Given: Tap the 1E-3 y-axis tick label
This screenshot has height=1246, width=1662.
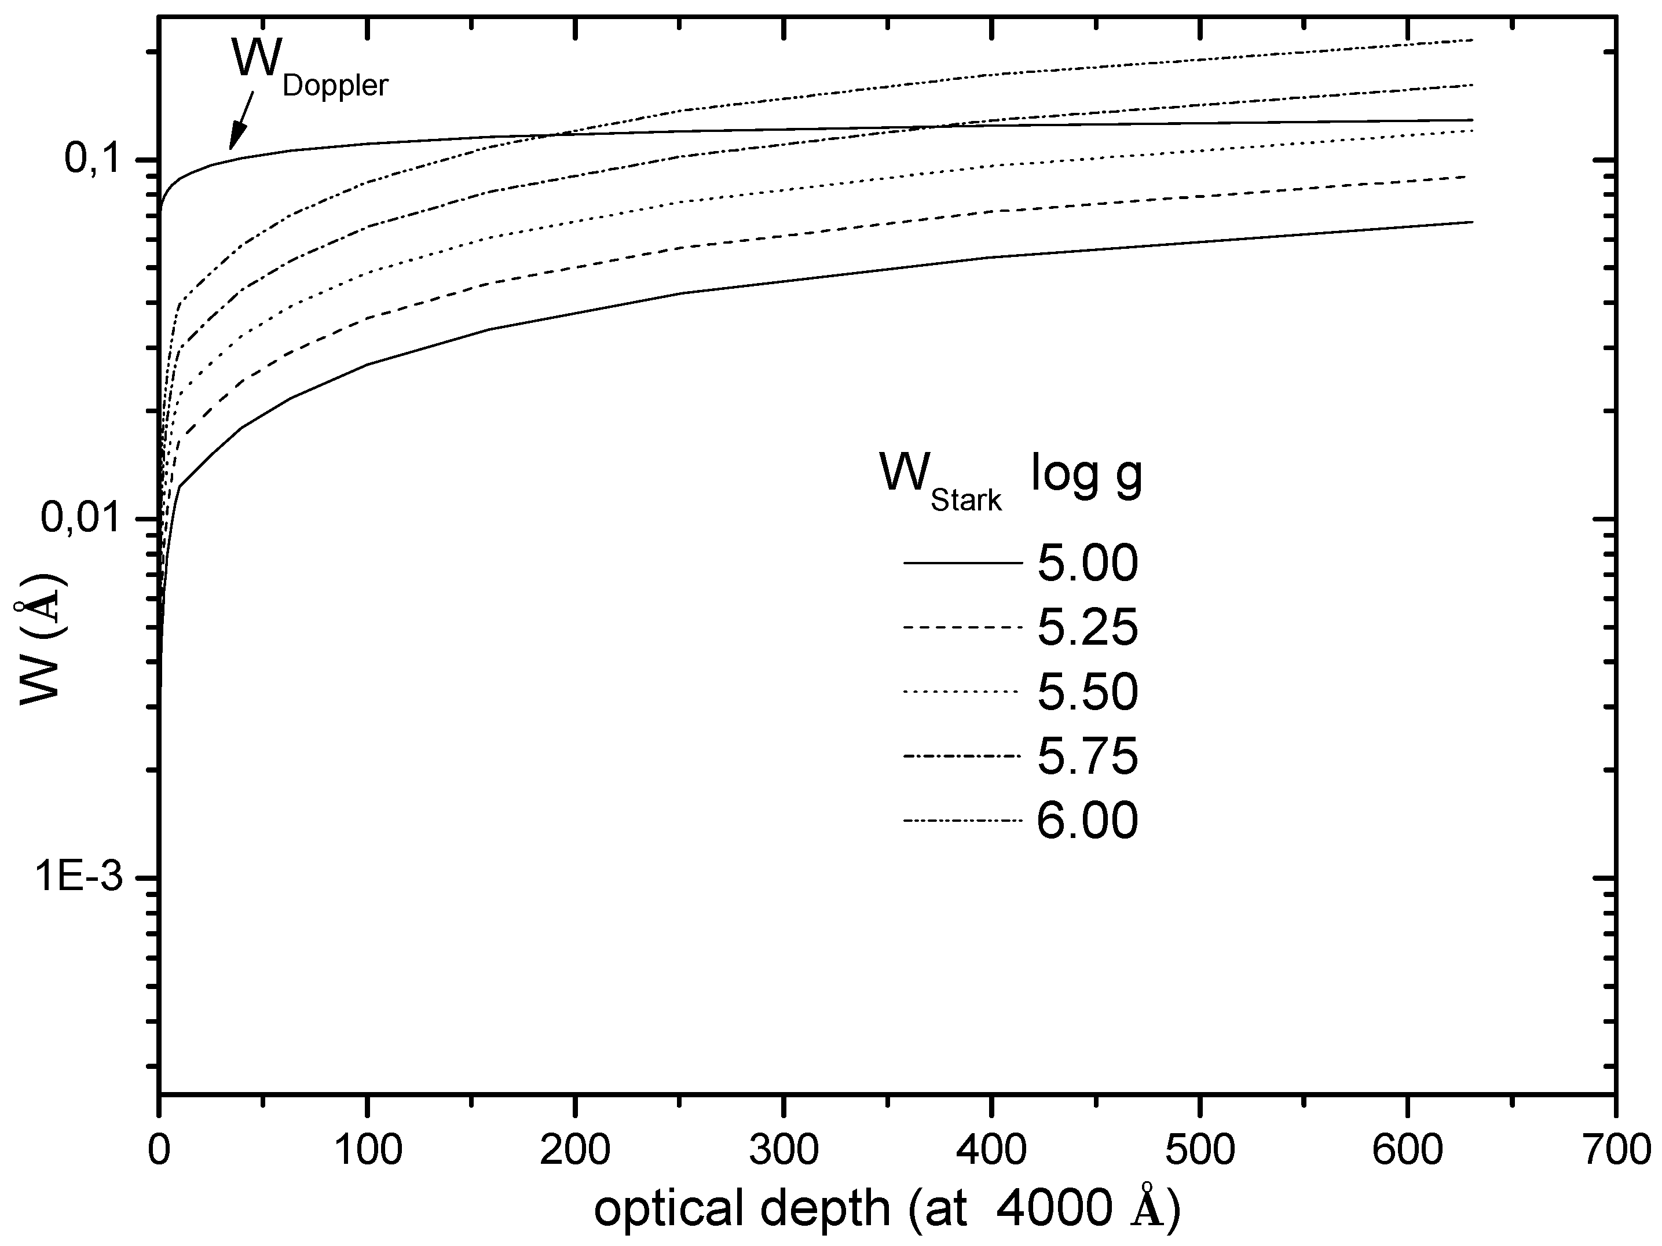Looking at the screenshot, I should pyautogui.click(x=80, y=878).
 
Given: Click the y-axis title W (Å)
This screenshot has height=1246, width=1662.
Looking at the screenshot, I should pyautogui.click(x=41, y=640).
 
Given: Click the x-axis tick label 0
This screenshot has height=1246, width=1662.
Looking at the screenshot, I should pyautogui.click(x=159, y=1150).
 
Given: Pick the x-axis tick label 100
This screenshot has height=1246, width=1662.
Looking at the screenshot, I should pyautogui.click(x=367, y=1150).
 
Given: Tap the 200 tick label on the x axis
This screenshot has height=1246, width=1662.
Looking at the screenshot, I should pyautogui.click(x=576, y=1150).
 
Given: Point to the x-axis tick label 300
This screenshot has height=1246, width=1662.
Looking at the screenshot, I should pyautogui.click(x=784, y=1150).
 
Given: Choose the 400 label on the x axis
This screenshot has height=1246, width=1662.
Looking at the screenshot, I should pyautogui.click(x=992, y=1150).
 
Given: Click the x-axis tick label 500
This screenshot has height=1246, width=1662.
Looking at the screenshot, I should pyautogui.click(x=1200, y=1150).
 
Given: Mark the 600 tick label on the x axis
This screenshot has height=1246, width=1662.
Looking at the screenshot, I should pyautogui.click(x=1408, y=1150).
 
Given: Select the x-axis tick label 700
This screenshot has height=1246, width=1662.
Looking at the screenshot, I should pyautogui.click(x=1616, y=1150).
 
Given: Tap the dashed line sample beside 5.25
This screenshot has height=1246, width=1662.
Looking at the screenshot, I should pyautogui.click(x=962, y=627).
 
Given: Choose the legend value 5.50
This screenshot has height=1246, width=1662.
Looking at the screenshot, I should pyautogui.click(x=1087, y=692).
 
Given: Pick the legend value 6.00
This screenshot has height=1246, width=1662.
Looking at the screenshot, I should pyautogui.click(x=1087, y=820).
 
